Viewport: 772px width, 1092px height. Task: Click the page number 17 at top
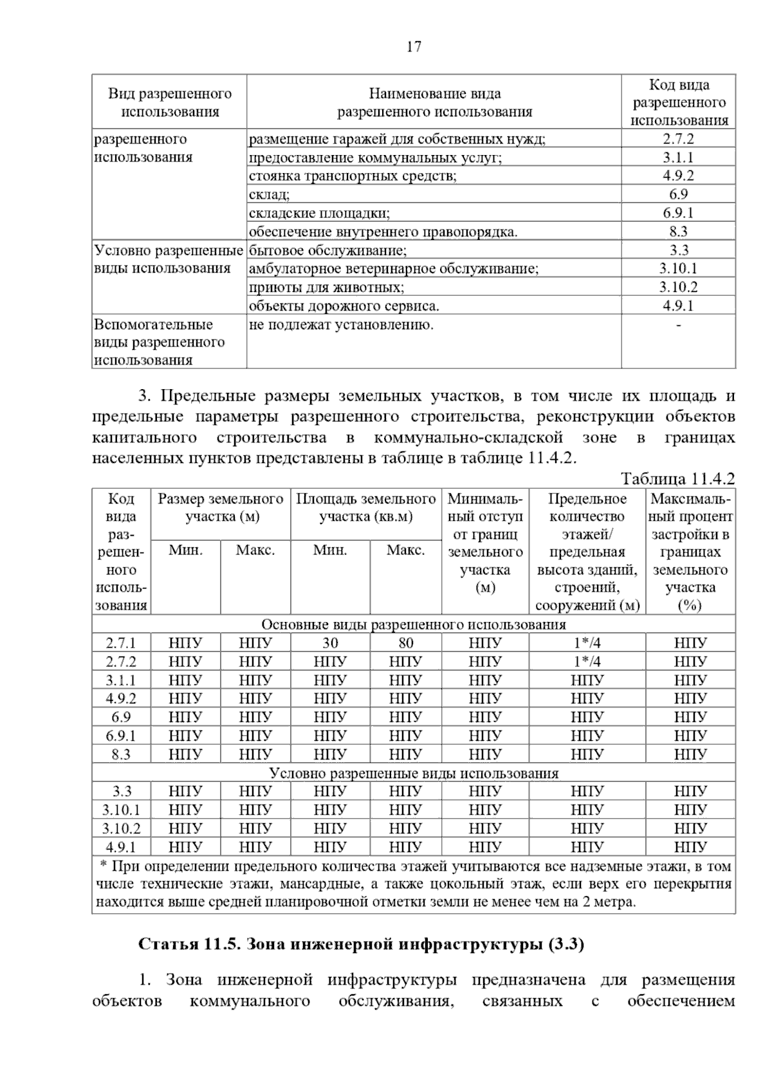coord(414,47)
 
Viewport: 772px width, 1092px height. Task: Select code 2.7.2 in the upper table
coord(678,139)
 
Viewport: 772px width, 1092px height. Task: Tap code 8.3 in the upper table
coord(678,232)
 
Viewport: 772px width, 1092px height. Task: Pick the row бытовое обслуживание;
coord(327,251)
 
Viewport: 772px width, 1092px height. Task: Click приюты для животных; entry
coord(326,287)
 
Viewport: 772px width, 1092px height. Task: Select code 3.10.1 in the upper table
coord(678,269)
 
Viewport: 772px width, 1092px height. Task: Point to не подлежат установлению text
coord(341,325)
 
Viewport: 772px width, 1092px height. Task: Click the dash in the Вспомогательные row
coord(678,325)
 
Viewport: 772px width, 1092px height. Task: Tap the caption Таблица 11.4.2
coord(677,479)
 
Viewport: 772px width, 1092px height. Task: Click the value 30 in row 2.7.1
coord(330,643)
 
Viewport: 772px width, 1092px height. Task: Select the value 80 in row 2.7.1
coord(405,643)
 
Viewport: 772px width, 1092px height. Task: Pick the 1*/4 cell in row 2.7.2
coord(587,662)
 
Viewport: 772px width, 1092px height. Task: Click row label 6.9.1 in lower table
coord(121,736)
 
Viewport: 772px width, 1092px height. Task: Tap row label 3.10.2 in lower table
coord(121,828)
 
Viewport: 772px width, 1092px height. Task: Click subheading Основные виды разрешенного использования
coord(413,624)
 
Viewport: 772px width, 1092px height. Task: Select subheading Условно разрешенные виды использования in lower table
coord(413,773)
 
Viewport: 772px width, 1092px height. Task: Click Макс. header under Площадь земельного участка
coord(405,551)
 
